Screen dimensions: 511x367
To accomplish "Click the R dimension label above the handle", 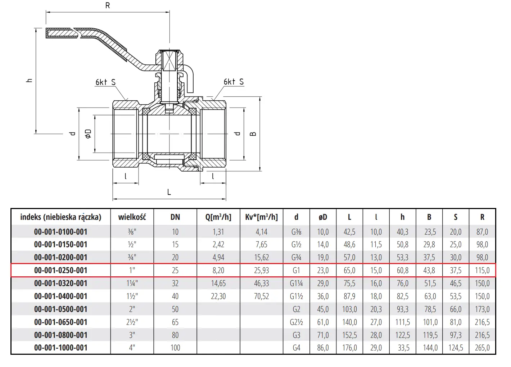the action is coord(108,5).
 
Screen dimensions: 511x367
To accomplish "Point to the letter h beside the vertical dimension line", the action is coord(30,80).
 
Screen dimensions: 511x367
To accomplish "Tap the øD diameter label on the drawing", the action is coord(88,133).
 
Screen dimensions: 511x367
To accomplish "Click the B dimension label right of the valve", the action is coord(253,134).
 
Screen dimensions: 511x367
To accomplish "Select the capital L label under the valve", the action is coord(169,192).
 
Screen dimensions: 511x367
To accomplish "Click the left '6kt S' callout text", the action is coord(105,82).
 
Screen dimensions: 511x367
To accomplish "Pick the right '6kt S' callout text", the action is coord(234,82).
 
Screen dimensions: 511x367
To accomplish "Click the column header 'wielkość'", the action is coord(132,217).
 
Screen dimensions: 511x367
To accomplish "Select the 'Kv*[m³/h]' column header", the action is coord(261,217).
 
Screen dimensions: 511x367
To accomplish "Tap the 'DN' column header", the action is coord(175,217).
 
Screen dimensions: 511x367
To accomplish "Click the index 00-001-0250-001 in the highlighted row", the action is coord(61,270).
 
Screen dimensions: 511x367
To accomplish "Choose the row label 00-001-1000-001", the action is coord(61,348).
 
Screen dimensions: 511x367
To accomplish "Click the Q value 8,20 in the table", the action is coord(218,270).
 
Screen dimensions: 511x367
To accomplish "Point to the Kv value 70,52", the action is coord(261,296).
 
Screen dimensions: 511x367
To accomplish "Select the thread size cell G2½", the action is coord(296,322).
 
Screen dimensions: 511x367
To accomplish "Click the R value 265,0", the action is coord(482,348).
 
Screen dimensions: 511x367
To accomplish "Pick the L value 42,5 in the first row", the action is coord(349,232).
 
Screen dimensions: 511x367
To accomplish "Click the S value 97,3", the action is coord(456,335).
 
